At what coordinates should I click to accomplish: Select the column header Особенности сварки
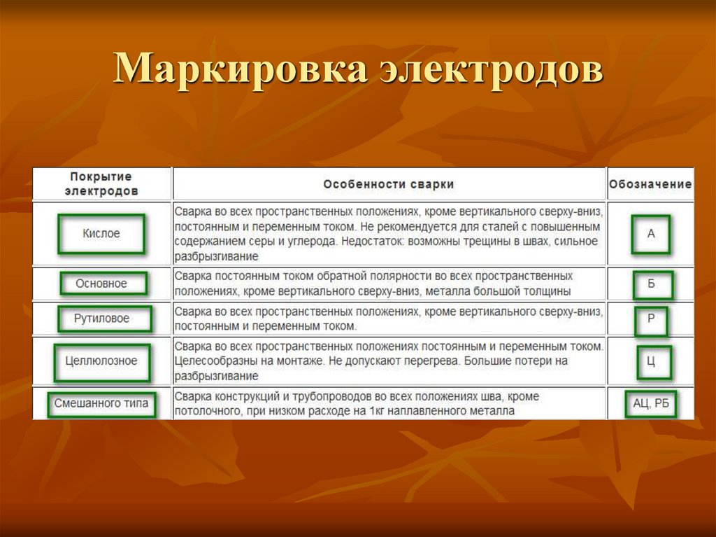pyautogui.click(x=389, y=184)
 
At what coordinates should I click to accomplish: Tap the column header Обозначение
pyautogui.click(x=650, y=184)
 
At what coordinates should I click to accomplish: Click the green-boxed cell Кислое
pyautogui.click(x=101, y=234)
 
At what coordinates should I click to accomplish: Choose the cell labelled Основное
pyautogui.click(x=102, y=284)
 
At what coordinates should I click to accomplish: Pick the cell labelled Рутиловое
pyautogui.click(x=102, y=319)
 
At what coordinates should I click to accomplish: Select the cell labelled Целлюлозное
pyautogui.click(x=102, y=361)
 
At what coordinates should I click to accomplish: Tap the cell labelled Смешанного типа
pyautogui.click(x=102, y=404)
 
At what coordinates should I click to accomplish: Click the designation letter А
pyautogui.click(x=651, y=234)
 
